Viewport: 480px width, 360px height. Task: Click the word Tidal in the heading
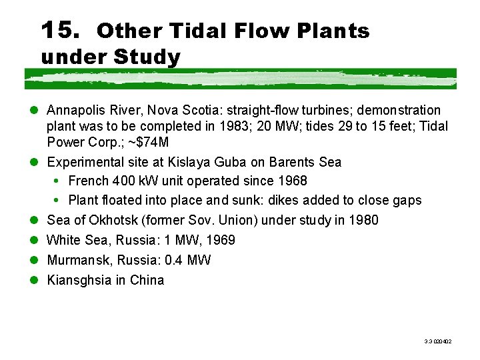(x=198, y=31)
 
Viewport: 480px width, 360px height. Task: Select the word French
(x=89, y=181)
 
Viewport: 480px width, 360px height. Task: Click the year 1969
(x=221, y=240)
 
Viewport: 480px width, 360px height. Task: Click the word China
(x=147, y=280)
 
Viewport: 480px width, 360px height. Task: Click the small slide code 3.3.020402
(x=438, y=341)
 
